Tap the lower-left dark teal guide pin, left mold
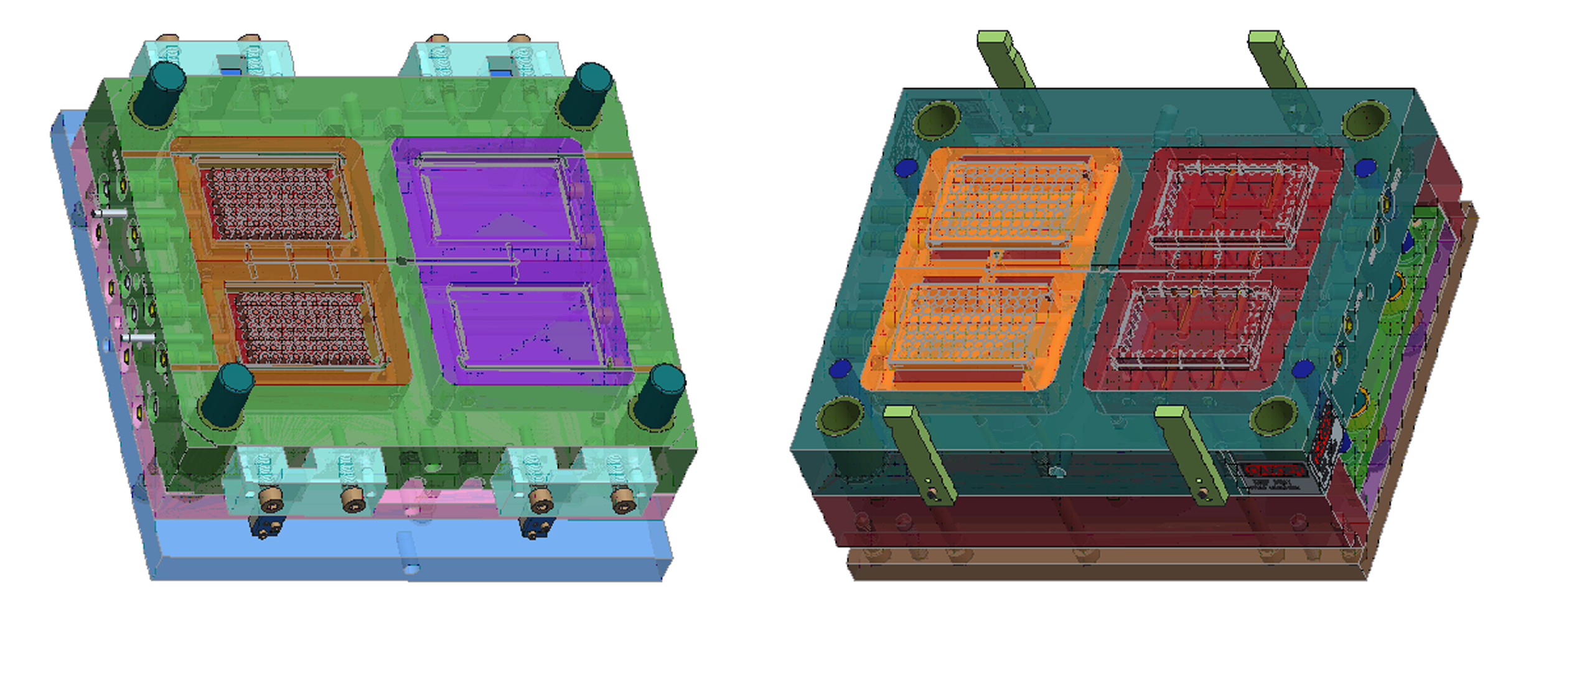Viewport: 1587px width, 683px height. pyautogui.click(x=227, y=395)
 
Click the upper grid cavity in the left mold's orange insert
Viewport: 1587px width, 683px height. pyautogui.click(x=274, y=203)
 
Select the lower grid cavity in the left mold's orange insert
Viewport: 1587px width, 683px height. pyautogui.click(x=305, y=327)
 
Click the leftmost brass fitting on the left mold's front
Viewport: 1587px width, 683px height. pyautogui.click(x=271, y=499)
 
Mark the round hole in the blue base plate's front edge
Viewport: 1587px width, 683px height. pyautogui.click(x=411, y=568)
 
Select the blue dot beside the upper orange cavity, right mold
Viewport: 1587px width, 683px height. pyautogui.click(x=906, y=168)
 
